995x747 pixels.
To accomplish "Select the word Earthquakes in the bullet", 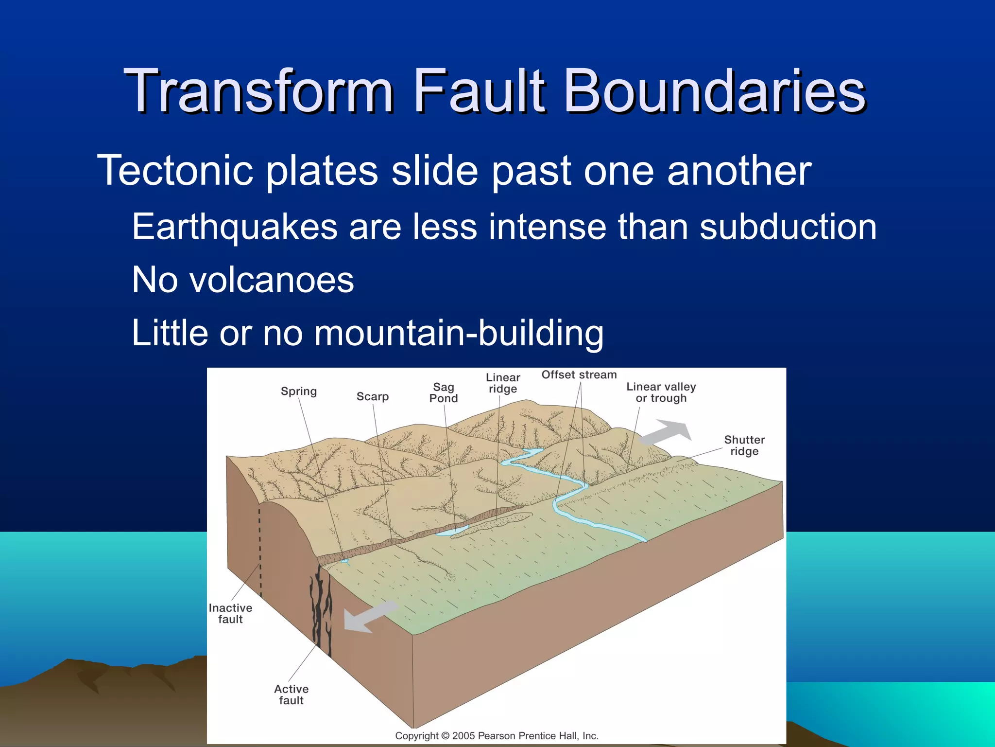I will point(235,227).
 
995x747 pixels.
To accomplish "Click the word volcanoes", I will point(271,281).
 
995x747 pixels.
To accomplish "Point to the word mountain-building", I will point(459,334).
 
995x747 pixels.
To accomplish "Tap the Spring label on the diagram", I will point(298,391).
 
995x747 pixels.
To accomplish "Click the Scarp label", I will point(373,397).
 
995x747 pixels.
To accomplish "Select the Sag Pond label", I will point(443,393).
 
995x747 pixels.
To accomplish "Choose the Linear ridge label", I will point(503,383).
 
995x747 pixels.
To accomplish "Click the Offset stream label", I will point(579,375).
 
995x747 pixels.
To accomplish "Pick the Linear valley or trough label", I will point(661,392).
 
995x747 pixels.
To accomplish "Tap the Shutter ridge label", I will point(744,445).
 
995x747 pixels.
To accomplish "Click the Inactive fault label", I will point(230,614).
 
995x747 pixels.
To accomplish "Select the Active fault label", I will point(291,694).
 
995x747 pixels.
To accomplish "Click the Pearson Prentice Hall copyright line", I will point(497,736).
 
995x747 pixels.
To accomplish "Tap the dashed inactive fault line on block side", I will point(260,550).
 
